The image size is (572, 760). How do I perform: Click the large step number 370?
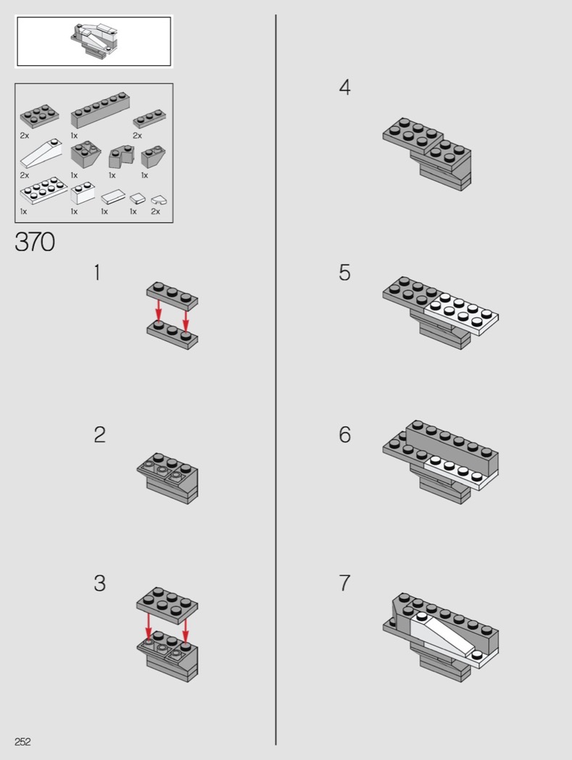(35, 242)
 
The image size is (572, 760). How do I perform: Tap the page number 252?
(22, 742)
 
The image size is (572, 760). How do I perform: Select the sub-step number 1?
(98, 272)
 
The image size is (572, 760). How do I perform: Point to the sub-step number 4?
(345, 88)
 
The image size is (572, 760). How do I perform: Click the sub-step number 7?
(345, 583)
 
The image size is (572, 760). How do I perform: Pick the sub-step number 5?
(345, 272)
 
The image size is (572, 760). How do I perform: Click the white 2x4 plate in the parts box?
(43, 190)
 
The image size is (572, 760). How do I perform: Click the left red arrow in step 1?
(159, 312)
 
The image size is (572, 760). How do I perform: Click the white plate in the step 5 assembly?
(461, 313)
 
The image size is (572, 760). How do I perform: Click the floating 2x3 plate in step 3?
(167, 604)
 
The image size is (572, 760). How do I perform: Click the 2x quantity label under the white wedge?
(25, 175)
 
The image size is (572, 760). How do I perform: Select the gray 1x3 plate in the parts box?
(149, 118)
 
